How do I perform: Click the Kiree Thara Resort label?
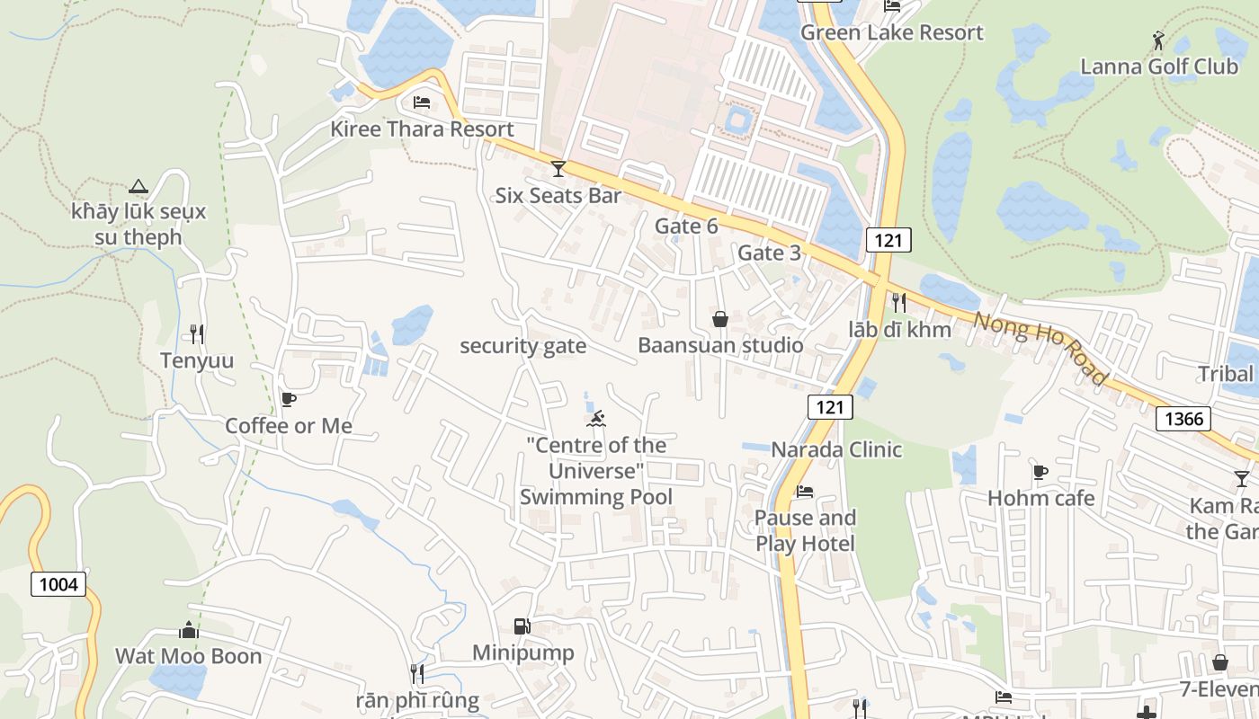click(x=422, y=129)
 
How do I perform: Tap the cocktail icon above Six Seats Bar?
click(x=558, y=168)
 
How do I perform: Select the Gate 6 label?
click(x=686, y=226)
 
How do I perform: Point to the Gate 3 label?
click(x=769, y=253)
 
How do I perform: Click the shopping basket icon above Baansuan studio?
click(x=720, y=318)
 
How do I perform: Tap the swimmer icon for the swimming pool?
click(x=596, y=418)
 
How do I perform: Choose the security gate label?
click(x=522, y=346)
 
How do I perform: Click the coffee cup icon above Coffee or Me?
click(x=289, y=399)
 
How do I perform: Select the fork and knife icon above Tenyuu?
click(x=197, y=334)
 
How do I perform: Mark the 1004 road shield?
click(x=59, y=585)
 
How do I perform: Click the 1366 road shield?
click(x=1183, y=418)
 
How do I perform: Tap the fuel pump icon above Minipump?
click(x=522, y=626)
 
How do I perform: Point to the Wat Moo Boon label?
click(x=188, y=656)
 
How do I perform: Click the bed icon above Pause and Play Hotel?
click(x=805, y=492)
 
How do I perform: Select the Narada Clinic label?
click(x=836, y=449)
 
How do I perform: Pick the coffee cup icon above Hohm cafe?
click(x=1040, y=472)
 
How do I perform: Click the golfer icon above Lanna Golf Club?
click(x=1158, y=40)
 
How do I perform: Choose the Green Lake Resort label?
click(x=891, y=32)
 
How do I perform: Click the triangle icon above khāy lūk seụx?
click(x=138, y=186)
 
